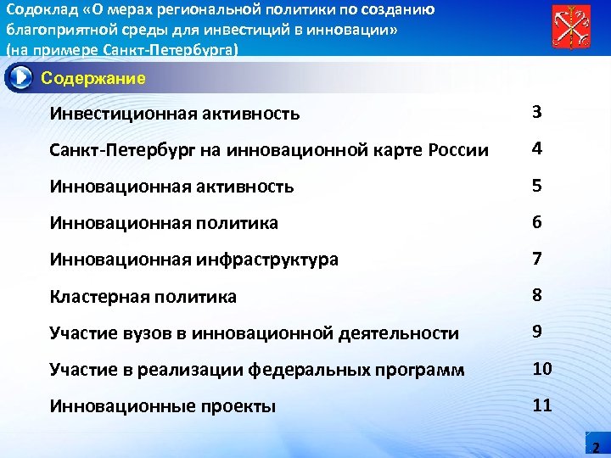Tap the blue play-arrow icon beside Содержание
pyautogui.click(x=19, y=78)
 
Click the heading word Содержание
pyautogui.click(x=93, y=79)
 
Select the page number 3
pyautogui.click(x=537, y=112)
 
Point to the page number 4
pyautogui.click(x=537, y=148)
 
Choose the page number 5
pyautogui.click(x=537, y=185)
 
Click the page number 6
pyautogui.click(x=537, y=221)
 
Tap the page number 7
pyautogui.click(x=537, y=258)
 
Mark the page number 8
pyautogui.click(x=537, y=294)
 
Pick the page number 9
pyautogui.click(x=537, y=332)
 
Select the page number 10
pyautogui.click(x=542, y=368)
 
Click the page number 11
pyautogui.click(x=542, y=405)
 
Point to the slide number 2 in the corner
pyautogui.click(x=595, y=447)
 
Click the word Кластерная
pyautogui.click(x=98, y=297)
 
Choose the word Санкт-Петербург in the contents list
pyautogui.click(x=111, y=150)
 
